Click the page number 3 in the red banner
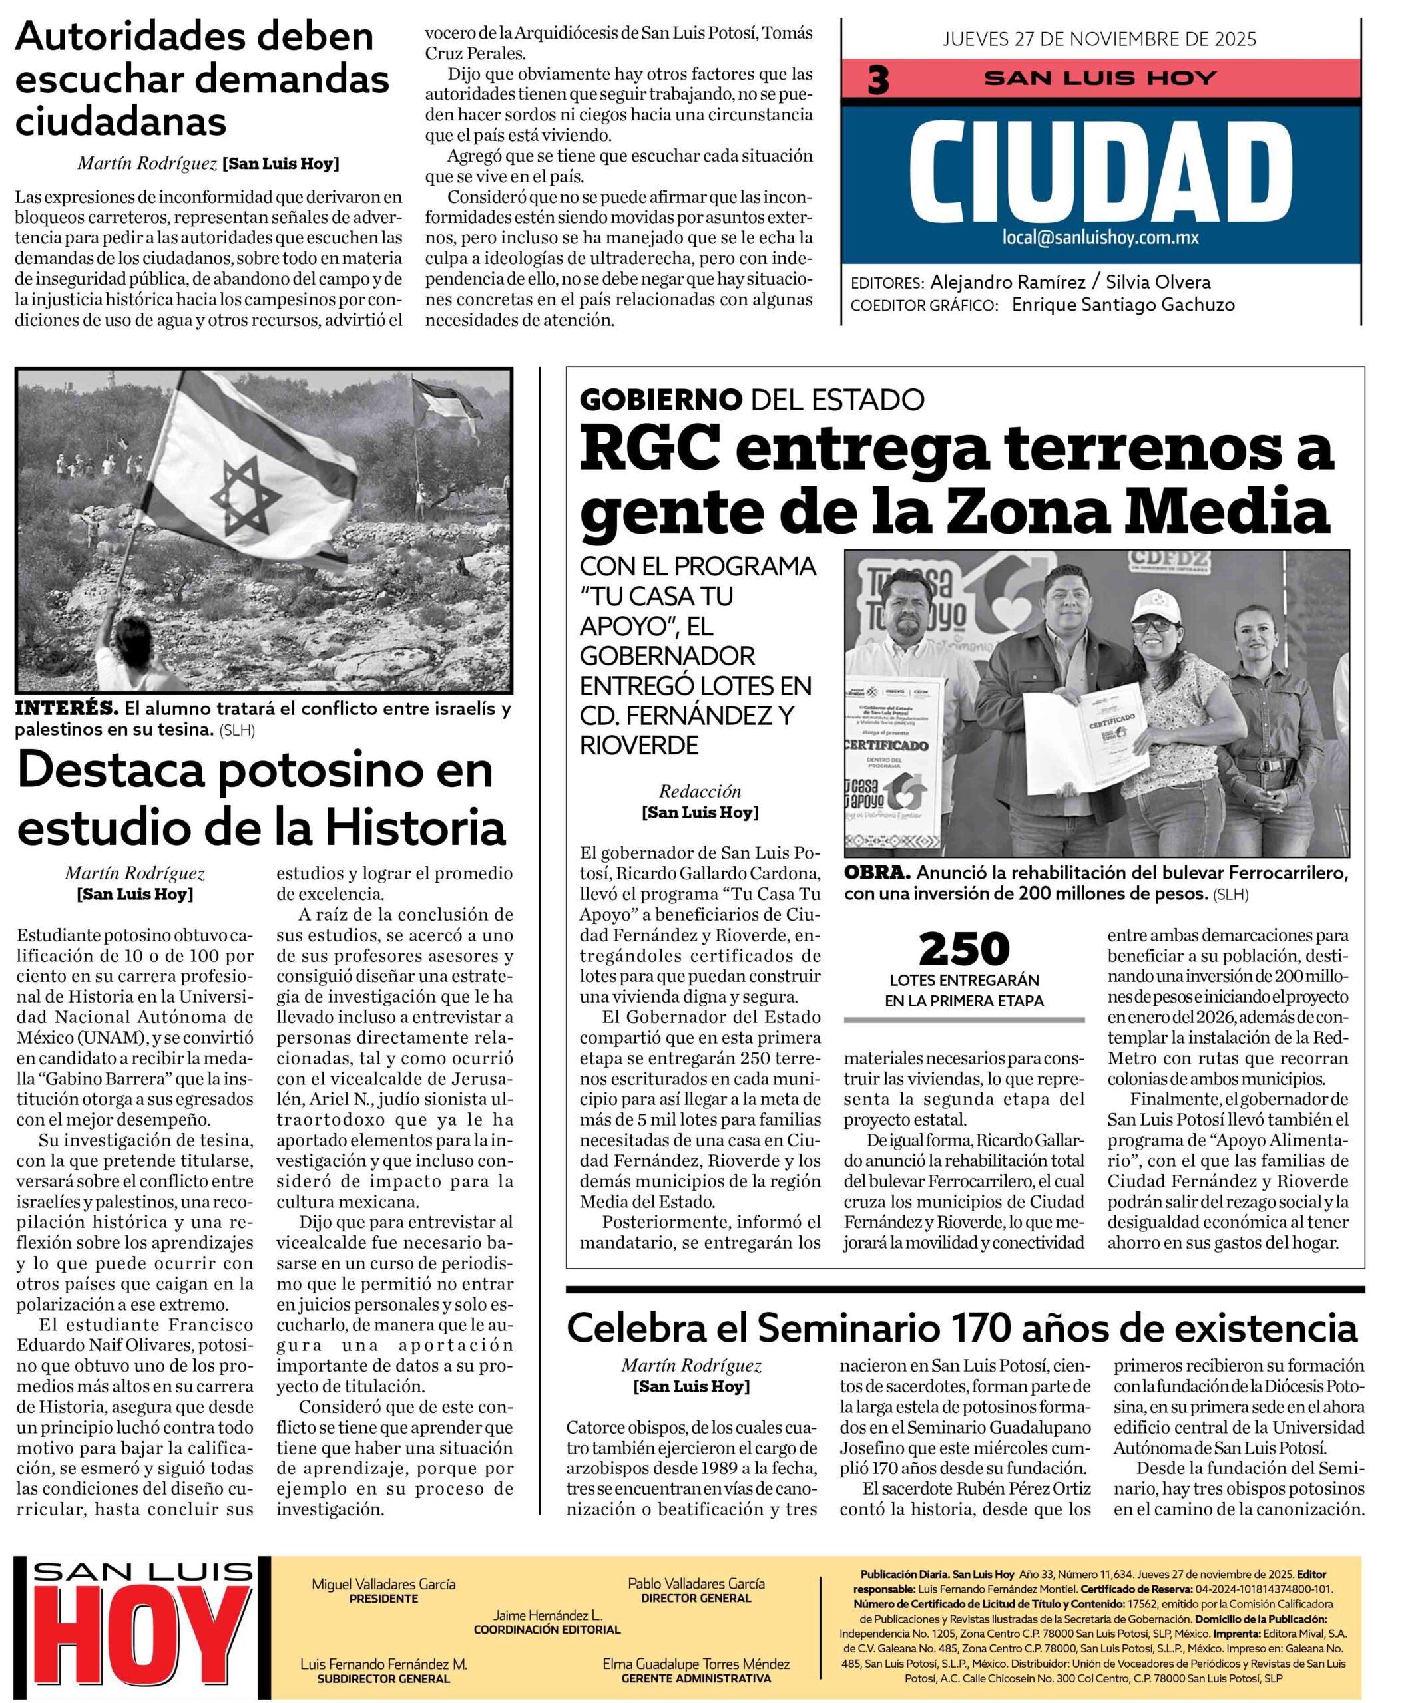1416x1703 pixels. pyautogui.click(x=878, y=81)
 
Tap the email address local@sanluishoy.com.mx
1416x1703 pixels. pyautogui.click(x=1100, y=238)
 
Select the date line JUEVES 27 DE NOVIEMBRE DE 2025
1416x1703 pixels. pyautogui.click(x=1100, y=39)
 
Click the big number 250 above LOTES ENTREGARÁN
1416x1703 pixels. pyautogui.click(x=964, y=950)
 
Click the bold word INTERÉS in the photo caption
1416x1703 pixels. pyautogui.click(x=67, y=708)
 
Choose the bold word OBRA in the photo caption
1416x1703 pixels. pyautogui.click(x=875, y=873)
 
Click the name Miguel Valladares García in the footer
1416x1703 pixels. pyautogui.click(x=384, y=1584)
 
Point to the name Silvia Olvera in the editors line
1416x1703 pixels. pyautogui.click(x=1160, y=282)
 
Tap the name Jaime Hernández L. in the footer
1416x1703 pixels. pyautogui.click(x=547, y=1615)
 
